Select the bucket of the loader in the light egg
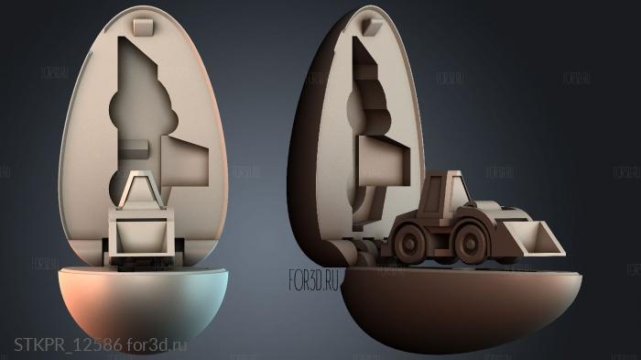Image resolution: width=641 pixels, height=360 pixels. pos(142,234)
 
